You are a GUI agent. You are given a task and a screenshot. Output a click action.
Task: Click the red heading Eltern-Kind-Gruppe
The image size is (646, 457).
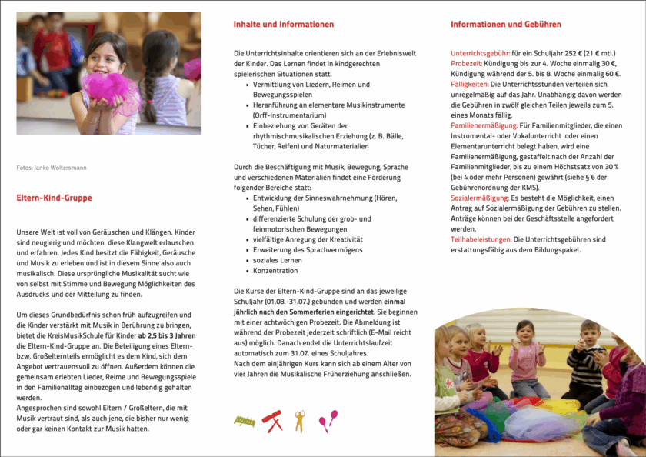54,198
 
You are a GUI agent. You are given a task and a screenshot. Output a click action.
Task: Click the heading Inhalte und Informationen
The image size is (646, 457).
283,25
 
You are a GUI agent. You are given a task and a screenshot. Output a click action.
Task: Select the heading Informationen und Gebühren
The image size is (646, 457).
505,25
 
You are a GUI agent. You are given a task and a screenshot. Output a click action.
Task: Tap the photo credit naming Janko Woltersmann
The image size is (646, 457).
52,168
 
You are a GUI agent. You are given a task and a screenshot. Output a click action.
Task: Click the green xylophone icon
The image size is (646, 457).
244,421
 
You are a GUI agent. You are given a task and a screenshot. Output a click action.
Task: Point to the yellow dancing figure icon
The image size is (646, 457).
300,420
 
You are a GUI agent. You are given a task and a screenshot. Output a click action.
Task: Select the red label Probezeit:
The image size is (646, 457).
466,64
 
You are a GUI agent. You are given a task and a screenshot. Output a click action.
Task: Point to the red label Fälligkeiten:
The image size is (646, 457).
470,85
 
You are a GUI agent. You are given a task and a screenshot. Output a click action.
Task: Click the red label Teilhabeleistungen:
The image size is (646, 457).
481,240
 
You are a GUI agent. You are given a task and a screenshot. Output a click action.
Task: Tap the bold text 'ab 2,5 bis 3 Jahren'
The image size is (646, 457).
167,336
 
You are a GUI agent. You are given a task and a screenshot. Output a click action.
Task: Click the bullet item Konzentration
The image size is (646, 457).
275,271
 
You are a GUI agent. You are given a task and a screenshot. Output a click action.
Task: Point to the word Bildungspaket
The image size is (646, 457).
557,250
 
